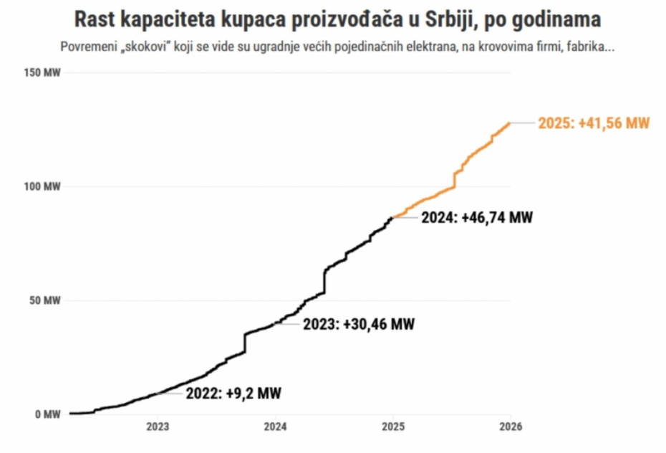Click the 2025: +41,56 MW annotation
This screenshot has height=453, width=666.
tap(594, 123)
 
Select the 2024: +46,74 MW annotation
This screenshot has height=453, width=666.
tap(476, 217)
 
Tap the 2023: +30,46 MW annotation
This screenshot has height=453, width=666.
tap(358, 324)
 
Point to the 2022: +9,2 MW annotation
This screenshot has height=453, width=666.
tap(233, 393)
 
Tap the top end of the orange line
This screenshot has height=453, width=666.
tap(510, 123)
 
